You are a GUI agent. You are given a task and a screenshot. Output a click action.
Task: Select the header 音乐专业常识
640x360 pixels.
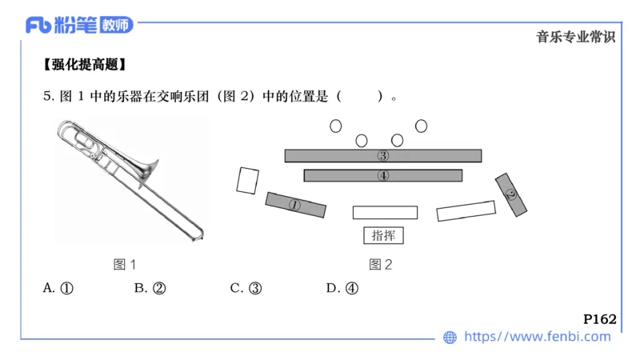(x=575, y=37)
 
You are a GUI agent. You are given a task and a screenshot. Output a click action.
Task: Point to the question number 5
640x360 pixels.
(x=47, y=97)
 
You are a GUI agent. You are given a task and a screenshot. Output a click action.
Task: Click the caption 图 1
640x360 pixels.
(x=125, y=264)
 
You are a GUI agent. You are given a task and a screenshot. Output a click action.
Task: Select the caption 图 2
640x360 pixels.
(x=381, y=264)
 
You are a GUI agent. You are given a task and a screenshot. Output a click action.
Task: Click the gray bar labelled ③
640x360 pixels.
(x=383, y=156)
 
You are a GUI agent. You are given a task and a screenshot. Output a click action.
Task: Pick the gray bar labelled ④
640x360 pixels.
(x=383, y=175)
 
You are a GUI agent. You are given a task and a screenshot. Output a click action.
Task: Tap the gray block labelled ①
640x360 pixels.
(x=295, y=205)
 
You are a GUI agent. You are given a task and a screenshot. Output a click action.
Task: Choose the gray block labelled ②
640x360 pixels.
(x=511, y=194)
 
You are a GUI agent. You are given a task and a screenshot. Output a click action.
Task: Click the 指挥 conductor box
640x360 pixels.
(x=383, y=235)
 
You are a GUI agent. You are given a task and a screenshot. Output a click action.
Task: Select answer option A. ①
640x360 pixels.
(x=58, y=289)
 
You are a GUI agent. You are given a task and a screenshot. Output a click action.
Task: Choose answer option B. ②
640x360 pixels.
(x=150, y=289)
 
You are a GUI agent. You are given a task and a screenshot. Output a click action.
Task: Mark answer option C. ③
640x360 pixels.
(x=246, y=289)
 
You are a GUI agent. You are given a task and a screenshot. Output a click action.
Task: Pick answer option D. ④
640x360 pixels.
(x=342, y=289)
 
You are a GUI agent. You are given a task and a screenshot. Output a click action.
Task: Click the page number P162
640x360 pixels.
(x=599, y=319)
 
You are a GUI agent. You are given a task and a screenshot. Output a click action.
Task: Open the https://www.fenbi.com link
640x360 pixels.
(x=537, y=337)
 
